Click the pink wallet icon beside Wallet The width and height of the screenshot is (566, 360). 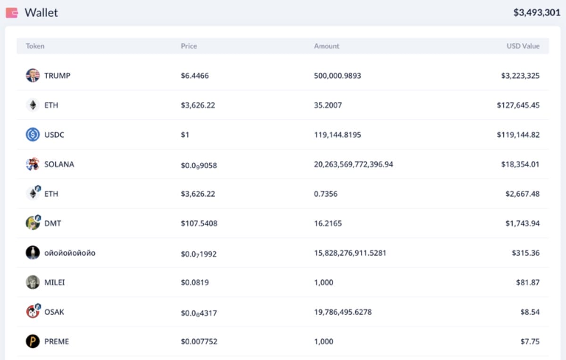pos(12,13)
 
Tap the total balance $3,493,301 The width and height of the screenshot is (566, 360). pos(537,13)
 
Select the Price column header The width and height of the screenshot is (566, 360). pos(189,46)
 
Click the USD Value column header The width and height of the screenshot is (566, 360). pos(523,46)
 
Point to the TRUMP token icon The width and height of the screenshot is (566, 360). pos(33,75)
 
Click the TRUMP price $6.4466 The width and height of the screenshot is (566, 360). pos(194,75)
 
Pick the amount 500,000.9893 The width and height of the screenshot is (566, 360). pos(337,75)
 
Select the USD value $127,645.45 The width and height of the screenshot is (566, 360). pos(518,105)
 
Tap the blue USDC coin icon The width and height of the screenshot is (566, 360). pos(33,134)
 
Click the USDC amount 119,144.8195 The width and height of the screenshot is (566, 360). pos(337,134)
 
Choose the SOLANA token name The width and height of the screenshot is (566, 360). pos(59,164)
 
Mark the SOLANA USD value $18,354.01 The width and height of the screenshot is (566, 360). pos(520,164)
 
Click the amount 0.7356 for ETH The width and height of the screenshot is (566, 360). pos(325,194)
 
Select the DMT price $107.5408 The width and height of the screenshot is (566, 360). pos(199,223)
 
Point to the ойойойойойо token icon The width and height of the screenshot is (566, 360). pos(33,253)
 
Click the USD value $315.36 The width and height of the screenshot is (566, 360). pos(525,253)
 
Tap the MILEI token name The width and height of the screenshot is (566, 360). pos(55,283)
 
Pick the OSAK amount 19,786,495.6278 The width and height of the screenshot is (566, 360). pos(342,312)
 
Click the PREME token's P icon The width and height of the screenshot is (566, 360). pos(33,342)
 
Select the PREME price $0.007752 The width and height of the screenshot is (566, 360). pos(199,342)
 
